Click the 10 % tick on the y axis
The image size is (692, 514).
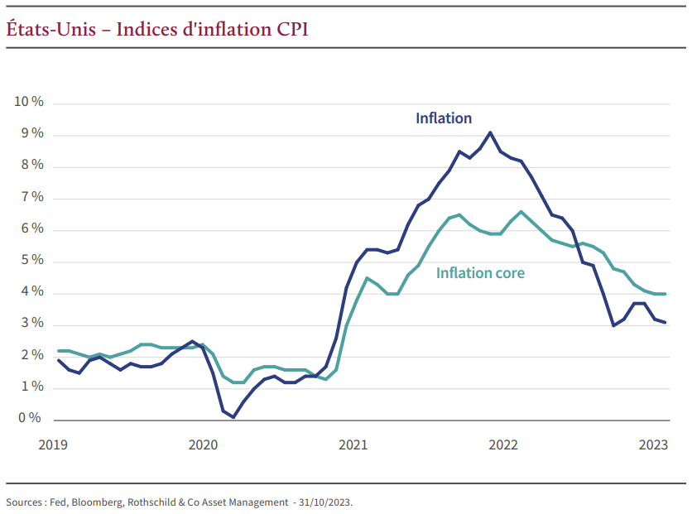28,102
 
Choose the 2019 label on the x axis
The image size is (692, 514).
53,445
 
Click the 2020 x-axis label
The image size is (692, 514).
203,445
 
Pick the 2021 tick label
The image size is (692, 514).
353,445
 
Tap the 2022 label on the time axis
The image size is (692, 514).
503,445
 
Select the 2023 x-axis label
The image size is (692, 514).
653,445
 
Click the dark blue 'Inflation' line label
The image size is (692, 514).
444,118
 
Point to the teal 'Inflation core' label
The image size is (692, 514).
480,273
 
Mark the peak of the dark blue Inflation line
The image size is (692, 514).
491,132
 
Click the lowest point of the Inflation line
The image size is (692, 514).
233,417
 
